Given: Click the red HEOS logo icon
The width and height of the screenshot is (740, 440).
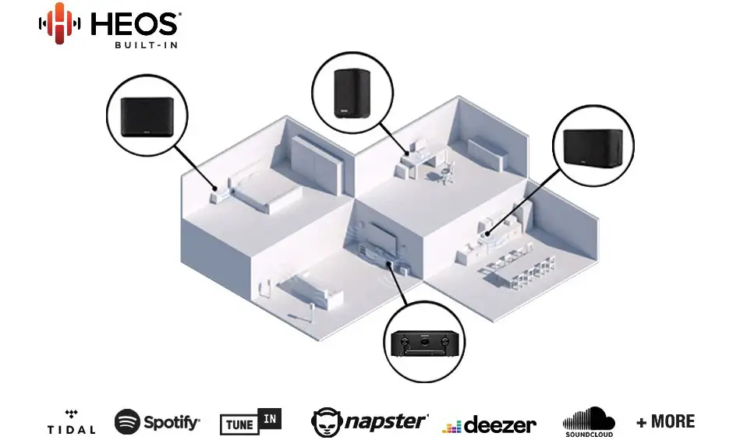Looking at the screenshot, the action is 59,23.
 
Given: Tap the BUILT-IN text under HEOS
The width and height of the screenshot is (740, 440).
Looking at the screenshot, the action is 146,45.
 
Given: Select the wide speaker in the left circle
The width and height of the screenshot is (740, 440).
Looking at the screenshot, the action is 147,117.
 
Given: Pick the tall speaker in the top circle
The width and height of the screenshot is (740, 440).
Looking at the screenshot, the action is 352,93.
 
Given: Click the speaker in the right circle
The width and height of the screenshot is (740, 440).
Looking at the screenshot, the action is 593,147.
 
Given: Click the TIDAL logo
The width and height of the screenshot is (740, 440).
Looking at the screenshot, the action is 71,422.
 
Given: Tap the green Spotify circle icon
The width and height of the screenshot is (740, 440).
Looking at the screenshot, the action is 127,421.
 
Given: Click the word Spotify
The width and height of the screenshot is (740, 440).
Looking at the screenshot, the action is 172,423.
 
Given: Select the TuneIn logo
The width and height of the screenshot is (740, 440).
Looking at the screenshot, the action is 250,421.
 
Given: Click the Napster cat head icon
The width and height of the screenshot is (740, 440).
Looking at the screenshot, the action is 327,422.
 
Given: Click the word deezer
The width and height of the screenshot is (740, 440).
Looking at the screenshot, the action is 500,425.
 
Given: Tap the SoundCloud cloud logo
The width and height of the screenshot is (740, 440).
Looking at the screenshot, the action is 589,421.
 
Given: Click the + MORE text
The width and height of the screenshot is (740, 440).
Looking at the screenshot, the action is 665,421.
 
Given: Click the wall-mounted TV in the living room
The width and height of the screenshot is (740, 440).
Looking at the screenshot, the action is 382,239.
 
